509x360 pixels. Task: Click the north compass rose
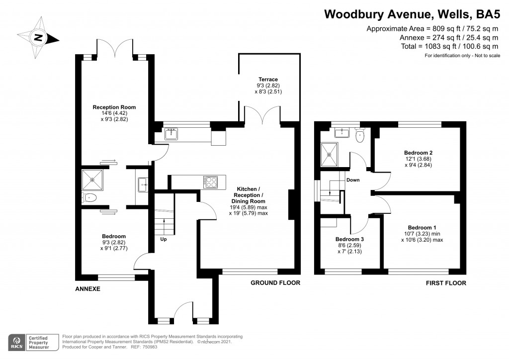click(39, 37)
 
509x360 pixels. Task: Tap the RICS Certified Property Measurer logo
click(30, 342)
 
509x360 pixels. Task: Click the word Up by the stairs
click(163, 239)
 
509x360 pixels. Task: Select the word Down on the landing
click(353, 180)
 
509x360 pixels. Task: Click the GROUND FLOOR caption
click(275, 283)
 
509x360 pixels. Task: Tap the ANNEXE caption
click(88, 288)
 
